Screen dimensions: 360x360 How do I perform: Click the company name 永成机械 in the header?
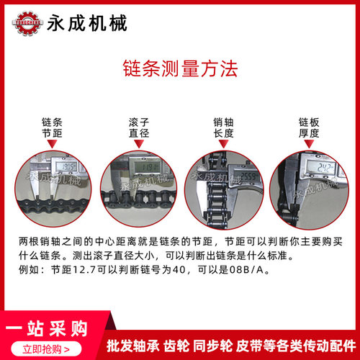[86, 23]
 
